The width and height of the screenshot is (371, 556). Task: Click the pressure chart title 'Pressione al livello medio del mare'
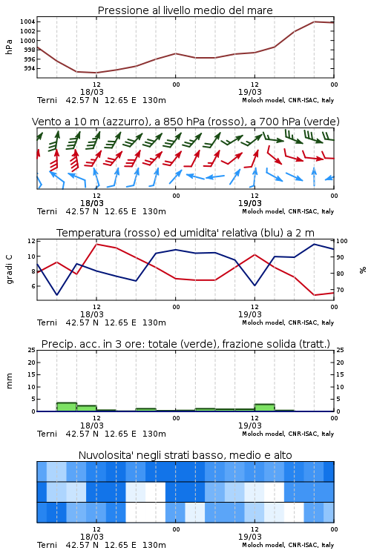[x=185, y=10]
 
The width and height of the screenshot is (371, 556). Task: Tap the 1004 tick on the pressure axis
[x=27, y=21]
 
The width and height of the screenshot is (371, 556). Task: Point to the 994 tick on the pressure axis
[x=30, y=68]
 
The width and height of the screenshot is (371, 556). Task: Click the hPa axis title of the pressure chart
[x=9, y=47]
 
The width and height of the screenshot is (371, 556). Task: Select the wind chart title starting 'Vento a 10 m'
[x=185, y=122]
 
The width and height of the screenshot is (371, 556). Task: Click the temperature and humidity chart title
[x=185, y=233]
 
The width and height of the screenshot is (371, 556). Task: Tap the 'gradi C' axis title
[x=9, y=269]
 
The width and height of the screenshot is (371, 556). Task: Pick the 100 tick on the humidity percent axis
[x=342, y=241]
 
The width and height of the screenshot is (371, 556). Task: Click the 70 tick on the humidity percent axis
[x=340, y=290]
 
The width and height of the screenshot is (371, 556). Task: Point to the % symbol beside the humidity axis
[x=363, y=270]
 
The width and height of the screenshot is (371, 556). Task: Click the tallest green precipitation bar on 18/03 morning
[x=67, y=407]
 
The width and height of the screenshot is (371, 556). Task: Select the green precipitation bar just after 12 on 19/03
[x=264, y=408]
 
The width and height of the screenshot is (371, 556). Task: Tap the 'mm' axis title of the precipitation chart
[x=9, y=381]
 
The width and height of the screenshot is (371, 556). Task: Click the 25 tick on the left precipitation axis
[x=32, y=350]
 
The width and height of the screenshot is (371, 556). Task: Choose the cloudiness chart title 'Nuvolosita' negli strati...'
[x=185, y=455]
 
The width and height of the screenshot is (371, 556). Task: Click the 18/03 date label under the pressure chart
[x=91, y=92]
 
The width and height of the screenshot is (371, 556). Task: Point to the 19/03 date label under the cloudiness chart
[x=250, y=537]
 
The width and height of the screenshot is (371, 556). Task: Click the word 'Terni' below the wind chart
[x=47, y=211]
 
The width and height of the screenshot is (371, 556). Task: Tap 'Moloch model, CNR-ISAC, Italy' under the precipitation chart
[x=288, y=434]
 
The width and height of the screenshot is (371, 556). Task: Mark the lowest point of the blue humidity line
[x=57, y=294]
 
